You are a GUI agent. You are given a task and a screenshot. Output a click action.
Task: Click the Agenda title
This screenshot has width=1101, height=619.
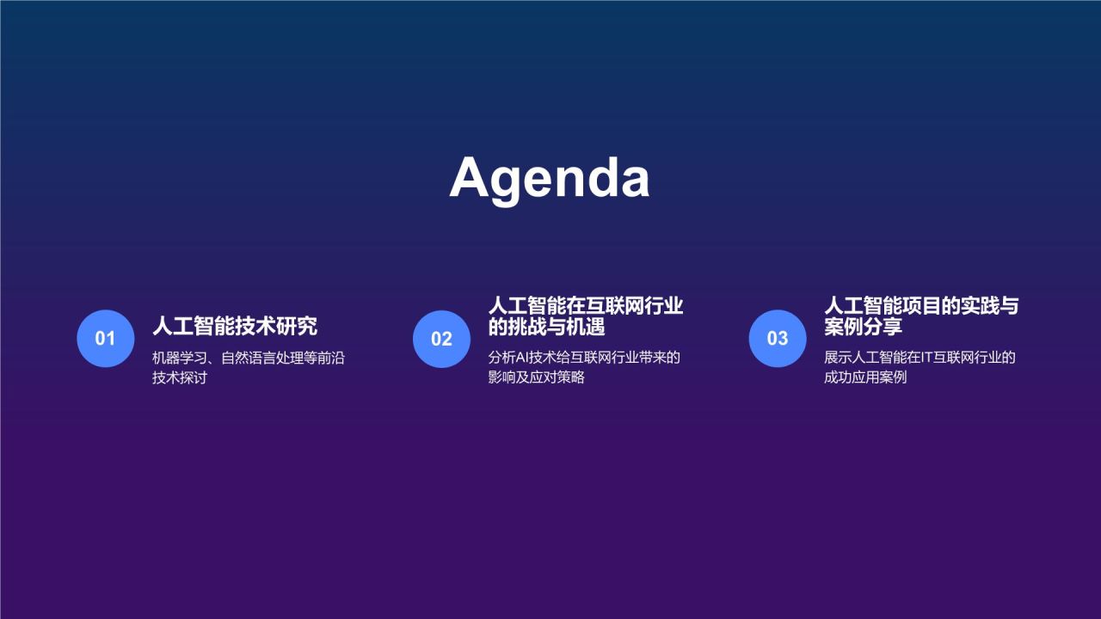(550, 178)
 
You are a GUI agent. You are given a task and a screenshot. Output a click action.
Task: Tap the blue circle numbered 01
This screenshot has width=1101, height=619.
(105, 339)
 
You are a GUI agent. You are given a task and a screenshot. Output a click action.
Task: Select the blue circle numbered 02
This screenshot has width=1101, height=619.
(441, 339)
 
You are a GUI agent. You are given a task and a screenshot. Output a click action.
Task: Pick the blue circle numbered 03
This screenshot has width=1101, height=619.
(778, 339)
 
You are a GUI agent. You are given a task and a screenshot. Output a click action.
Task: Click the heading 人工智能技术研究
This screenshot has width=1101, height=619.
(235, 326)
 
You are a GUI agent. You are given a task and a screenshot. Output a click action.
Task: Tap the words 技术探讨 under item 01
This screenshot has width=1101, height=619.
(180, 377)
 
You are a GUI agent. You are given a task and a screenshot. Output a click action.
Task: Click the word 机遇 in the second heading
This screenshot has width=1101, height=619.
(587, 328)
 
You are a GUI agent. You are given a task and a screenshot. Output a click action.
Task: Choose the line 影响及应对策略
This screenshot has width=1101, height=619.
(537, 377)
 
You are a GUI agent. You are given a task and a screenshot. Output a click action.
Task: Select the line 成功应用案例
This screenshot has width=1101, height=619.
(865, 377)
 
